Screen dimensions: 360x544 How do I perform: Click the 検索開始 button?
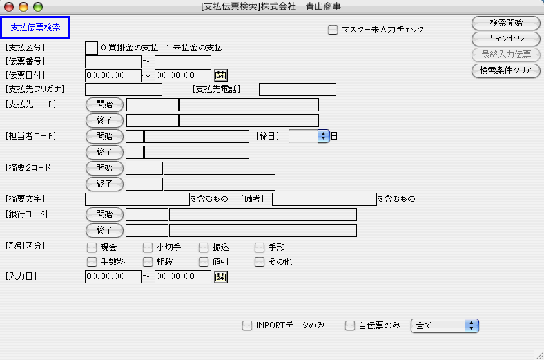click(505, 23)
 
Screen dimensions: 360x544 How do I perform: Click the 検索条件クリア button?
click(505, 70)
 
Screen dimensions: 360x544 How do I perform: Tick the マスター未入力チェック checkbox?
click(333, 30)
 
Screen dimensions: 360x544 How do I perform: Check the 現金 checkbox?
click(92, 247)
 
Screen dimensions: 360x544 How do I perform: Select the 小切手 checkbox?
click(148, 247)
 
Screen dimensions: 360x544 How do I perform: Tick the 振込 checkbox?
click(204, 247)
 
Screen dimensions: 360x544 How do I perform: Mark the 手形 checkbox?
click(260, 247)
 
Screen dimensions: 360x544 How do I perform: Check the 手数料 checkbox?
click(92, 262)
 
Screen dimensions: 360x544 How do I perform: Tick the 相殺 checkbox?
click(148, 262)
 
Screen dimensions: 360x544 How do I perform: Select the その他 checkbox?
click(260, 262)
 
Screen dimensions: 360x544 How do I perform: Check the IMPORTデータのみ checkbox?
click(247, 325)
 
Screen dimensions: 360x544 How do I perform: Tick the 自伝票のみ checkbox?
click(350, 325)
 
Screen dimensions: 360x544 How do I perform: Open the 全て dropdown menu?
click(445, 325)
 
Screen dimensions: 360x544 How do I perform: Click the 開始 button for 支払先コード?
click(104, 104)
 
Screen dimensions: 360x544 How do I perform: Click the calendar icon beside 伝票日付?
click(221, 75)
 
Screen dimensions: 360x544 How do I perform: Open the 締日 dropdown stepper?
click(322, 136)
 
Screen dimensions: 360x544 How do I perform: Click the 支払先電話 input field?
click(297, 89)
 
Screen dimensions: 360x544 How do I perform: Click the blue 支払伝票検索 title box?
click(35, 28)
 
